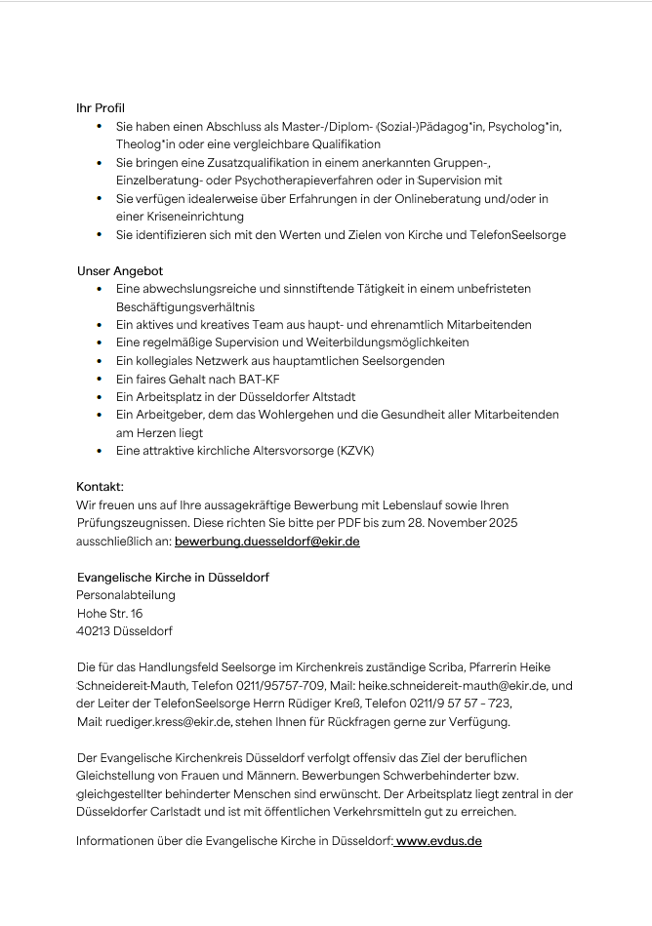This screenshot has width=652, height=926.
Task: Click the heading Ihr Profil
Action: [101, 108]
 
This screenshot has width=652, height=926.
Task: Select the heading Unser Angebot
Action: [120, 270]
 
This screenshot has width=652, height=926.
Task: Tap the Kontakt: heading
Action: [101, 486]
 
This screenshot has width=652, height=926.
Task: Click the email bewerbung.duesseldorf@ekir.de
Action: [266, 541]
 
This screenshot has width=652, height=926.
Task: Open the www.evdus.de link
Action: [438, 840]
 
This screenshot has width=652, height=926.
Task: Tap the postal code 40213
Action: [95, 631]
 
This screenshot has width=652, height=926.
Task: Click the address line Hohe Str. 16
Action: [109, 614]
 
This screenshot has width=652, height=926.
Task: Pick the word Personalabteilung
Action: [126, 595]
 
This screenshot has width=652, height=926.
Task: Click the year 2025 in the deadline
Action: [501, 523]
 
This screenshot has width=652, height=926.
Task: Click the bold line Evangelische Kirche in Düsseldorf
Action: [173, 578]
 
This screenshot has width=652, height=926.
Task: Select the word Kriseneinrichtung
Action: [180, 217]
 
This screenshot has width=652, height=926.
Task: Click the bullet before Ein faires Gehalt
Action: [101, 380]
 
